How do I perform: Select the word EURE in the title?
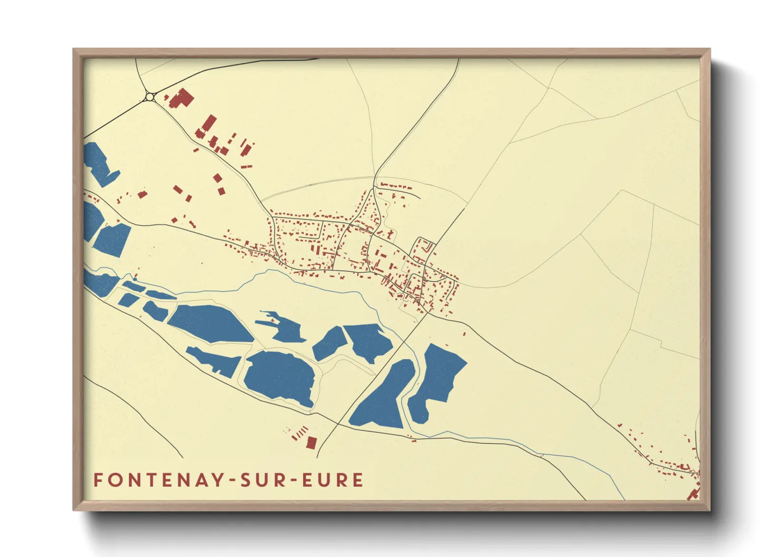pos(333,480)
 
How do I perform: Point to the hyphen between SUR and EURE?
pos(294,481)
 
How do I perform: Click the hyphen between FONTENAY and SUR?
pos(233,481)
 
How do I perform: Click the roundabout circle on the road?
pos(150,97)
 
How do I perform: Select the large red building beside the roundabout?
pos(182,98)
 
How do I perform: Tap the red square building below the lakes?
pos(311,443)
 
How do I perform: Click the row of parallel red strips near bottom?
pos(299,433)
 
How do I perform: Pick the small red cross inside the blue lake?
pos(273,320)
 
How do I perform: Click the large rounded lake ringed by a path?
pos(279,377)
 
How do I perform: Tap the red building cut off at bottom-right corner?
pos(693,494)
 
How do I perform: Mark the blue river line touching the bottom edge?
pos(623,496)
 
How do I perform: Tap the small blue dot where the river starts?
pos(135,279)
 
